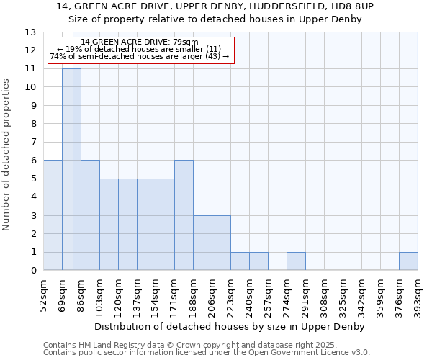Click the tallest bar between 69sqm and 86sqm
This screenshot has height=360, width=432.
(x=71, y=169)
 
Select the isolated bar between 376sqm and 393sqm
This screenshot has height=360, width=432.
(x=408, y=261)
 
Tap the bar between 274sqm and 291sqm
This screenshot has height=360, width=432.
(x=296, y=261)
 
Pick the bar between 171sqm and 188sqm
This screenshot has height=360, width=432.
(x=184, y=215)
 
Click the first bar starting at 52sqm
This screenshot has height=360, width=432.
(x=53, y=215)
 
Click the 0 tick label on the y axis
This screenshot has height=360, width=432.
(x=33, y=271)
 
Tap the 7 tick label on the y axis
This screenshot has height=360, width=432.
(x=33, y=143)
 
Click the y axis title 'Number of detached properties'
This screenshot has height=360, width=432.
(x=6, y=155)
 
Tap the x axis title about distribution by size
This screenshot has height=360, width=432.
(x=230, y=326)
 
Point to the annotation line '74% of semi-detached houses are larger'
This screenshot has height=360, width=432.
(x=140, y=56)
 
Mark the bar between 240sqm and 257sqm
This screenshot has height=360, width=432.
(x=258, y=261)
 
